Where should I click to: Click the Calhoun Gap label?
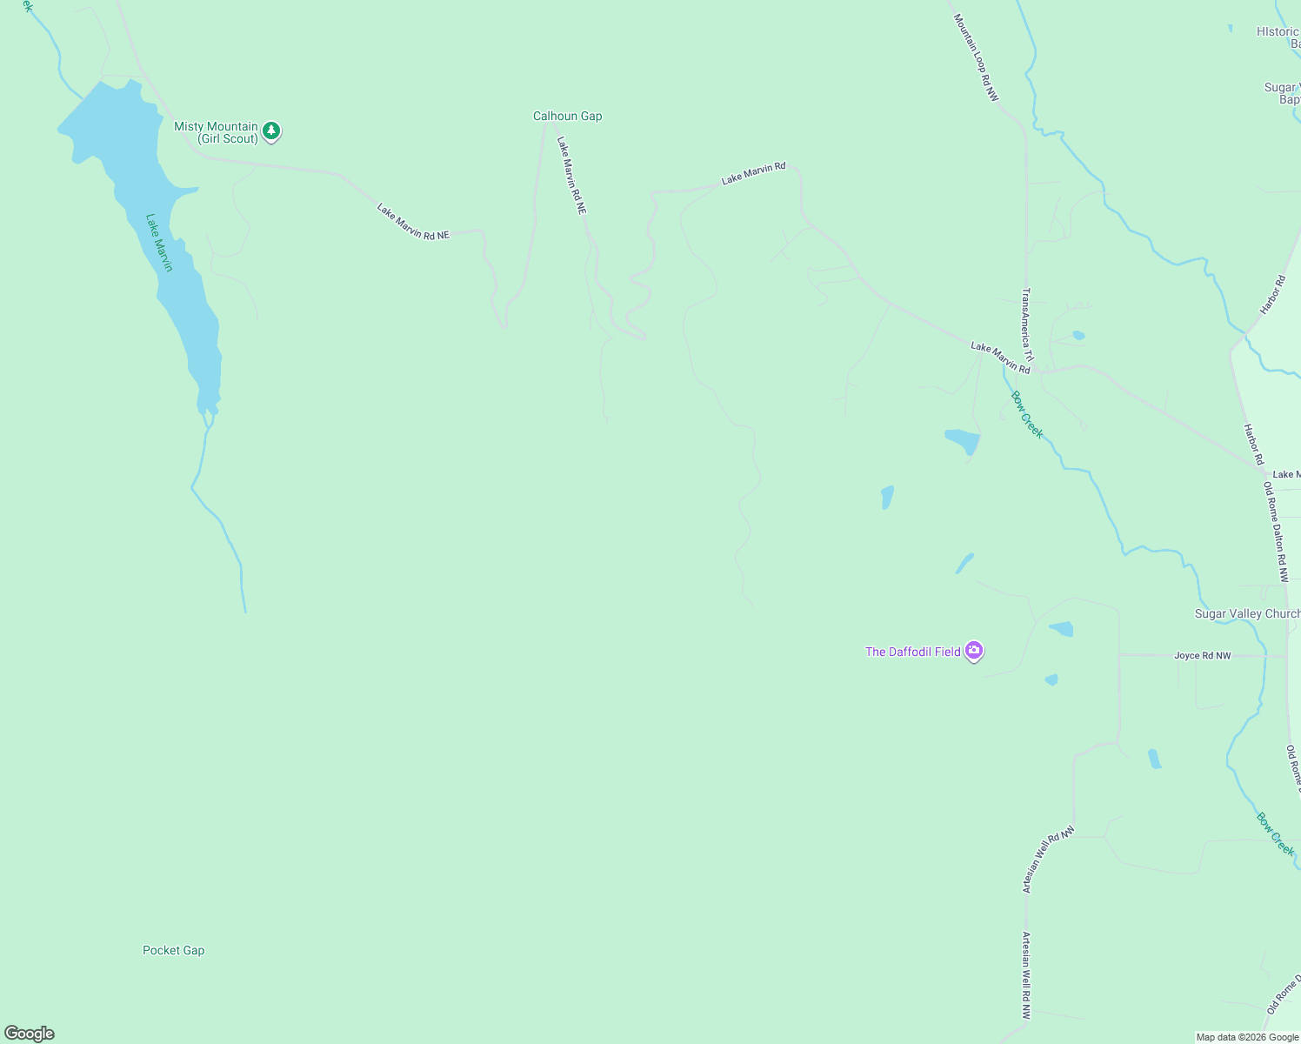[x=567, y=117]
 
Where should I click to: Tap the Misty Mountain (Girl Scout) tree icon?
[x=272, y=131]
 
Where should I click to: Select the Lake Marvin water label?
[x=159, y=243]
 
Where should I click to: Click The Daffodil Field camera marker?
[x=974, y=651]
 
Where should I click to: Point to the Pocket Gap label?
[x=173, y=951]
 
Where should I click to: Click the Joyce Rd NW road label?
[x=1202, y=656]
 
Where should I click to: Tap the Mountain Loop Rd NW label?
[x=975, y=57]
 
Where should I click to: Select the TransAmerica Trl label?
[x=1027, y=324]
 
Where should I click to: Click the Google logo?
[x=30, y=1034]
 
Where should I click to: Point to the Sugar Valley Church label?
[x=1246, y=614]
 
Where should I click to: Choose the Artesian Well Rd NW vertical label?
[x=1026, y=975]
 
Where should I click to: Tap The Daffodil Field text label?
[x=912, y=652]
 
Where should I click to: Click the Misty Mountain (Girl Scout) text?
[x=216, y=132]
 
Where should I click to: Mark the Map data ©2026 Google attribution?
[x=1247, y=1037]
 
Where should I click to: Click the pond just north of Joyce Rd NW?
[x=1061, y=628]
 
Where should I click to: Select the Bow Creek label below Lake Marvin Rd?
[x=1026, y=415]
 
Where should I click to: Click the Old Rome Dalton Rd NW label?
[x=1275, y=532]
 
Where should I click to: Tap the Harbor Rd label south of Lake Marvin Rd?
[x=1252, y=445]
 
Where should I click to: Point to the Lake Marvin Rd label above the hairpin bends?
[x=753, y=173]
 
